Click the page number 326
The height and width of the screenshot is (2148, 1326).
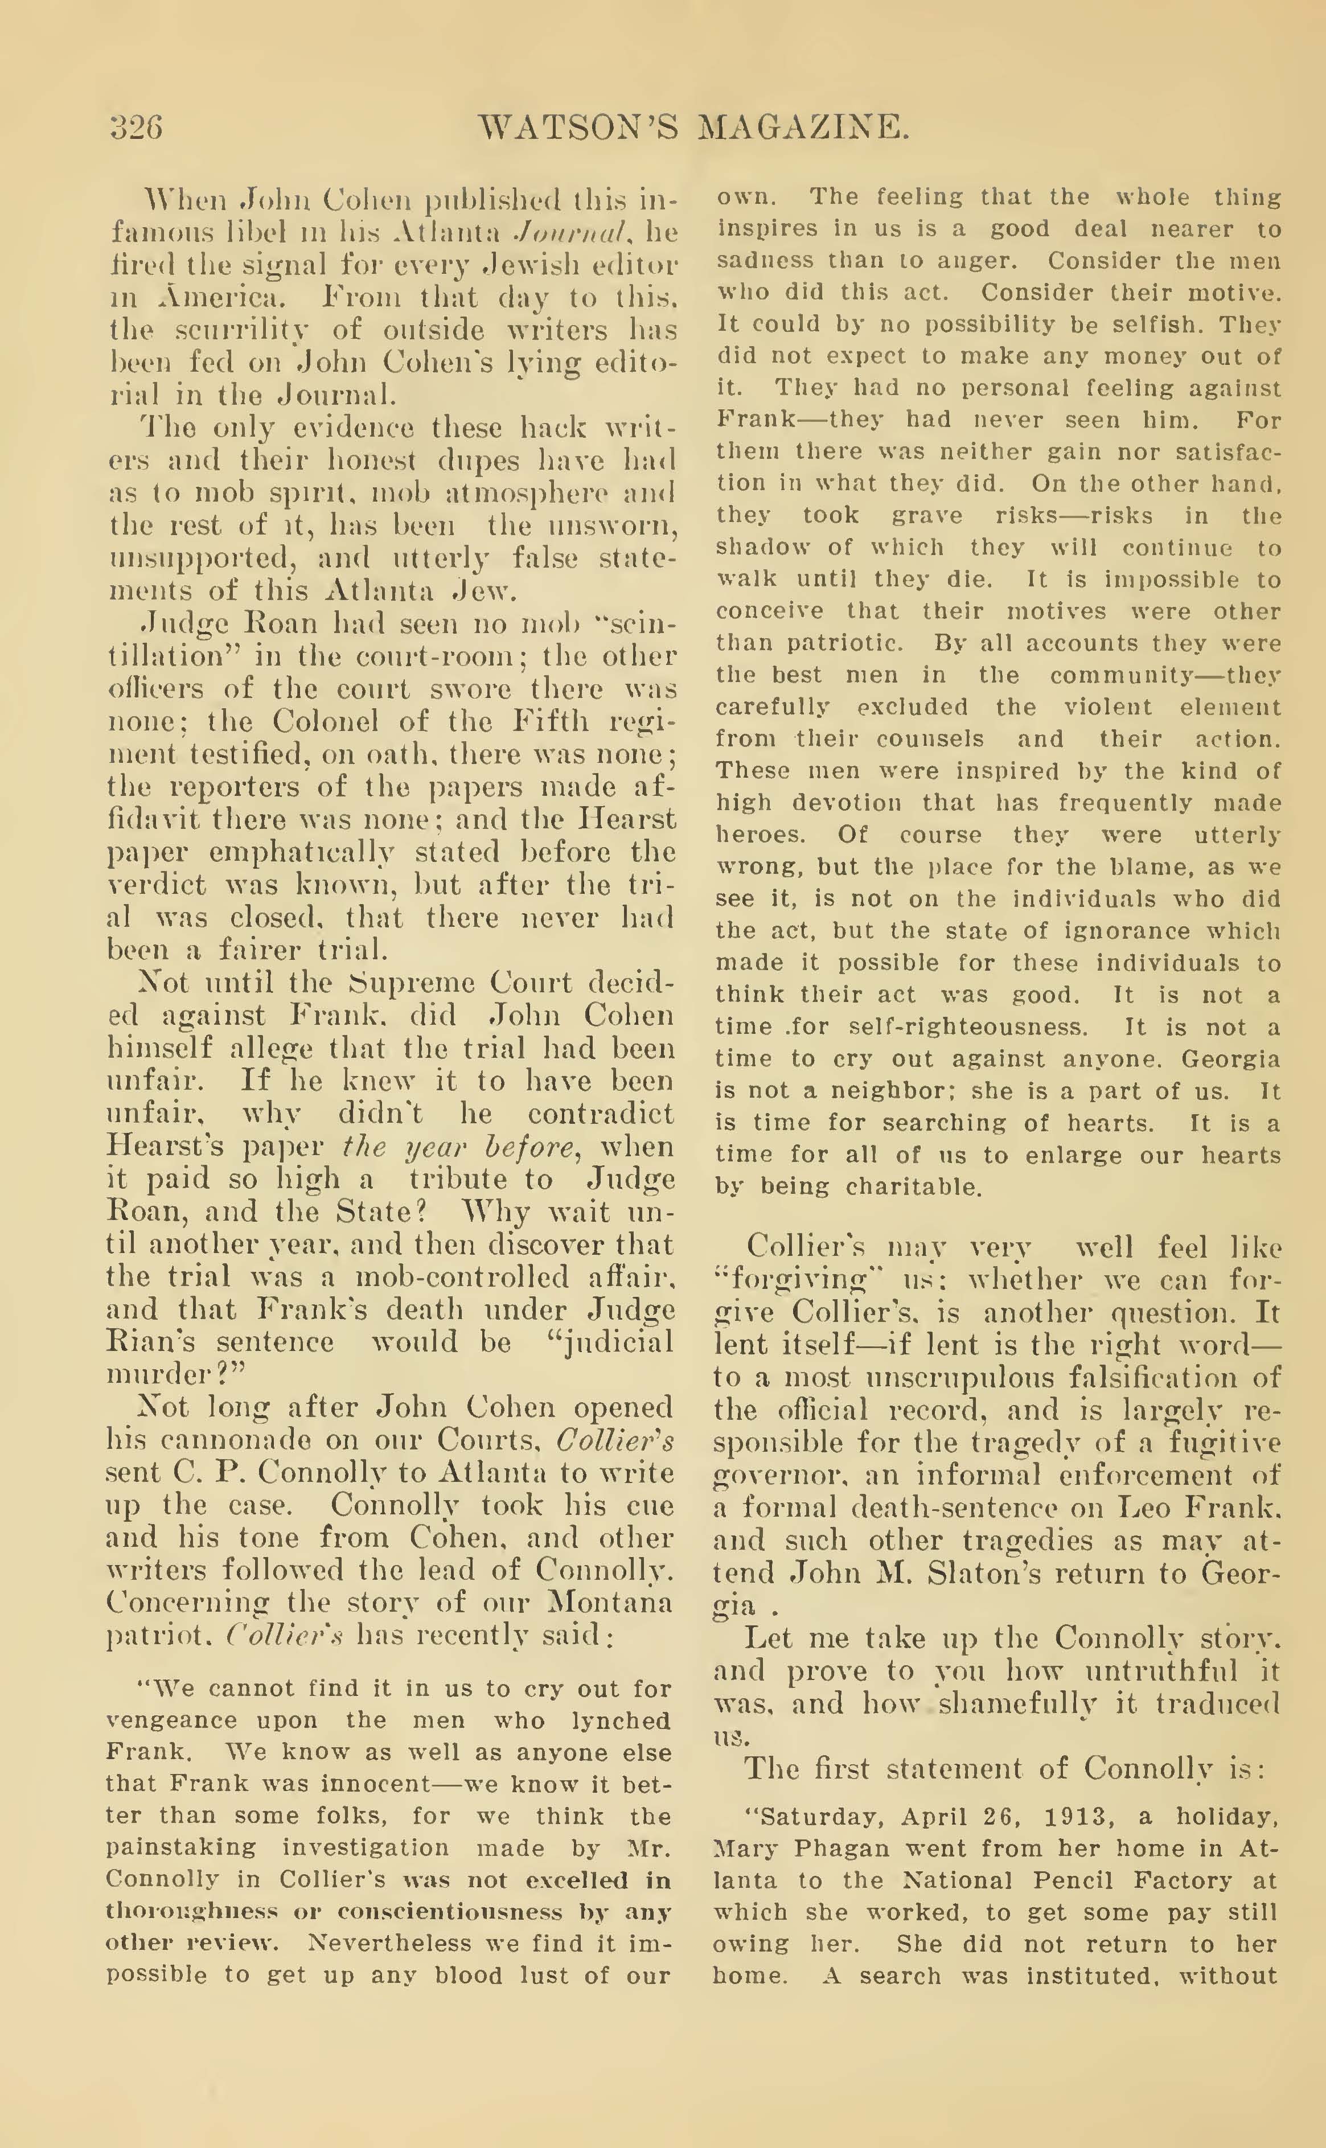[x=137, y=128]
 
